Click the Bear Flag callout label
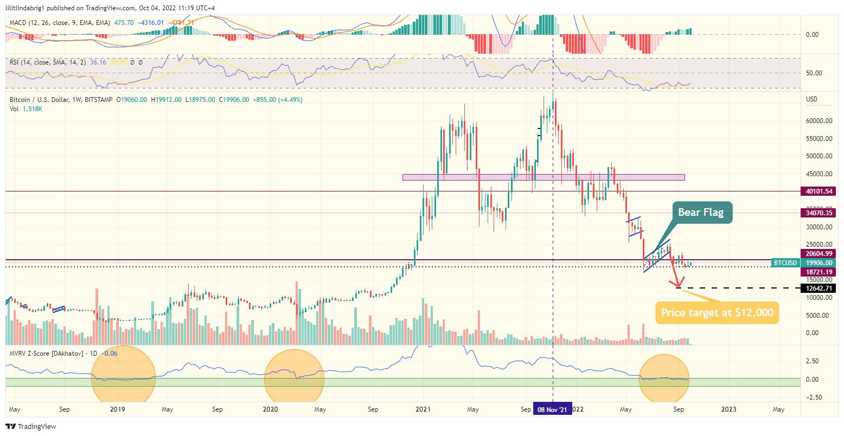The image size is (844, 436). click(x=701, y=213)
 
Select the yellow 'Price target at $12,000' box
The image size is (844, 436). click(x=717, y=313)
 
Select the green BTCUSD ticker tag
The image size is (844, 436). click(x=785, y=263)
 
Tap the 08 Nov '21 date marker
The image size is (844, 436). click(x=552, y=410)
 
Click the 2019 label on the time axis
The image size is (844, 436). click(x=117, y=409)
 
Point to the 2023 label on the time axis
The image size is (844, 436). click(x=728, y=409)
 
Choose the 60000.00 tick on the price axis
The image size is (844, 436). click(x=819, y=121)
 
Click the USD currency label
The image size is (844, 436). click(x=812, y=99)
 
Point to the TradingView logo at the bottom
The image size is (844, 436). click(x=31, y=427)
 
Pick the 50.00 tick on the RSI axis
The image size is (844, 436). click(x=814, y=73)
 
